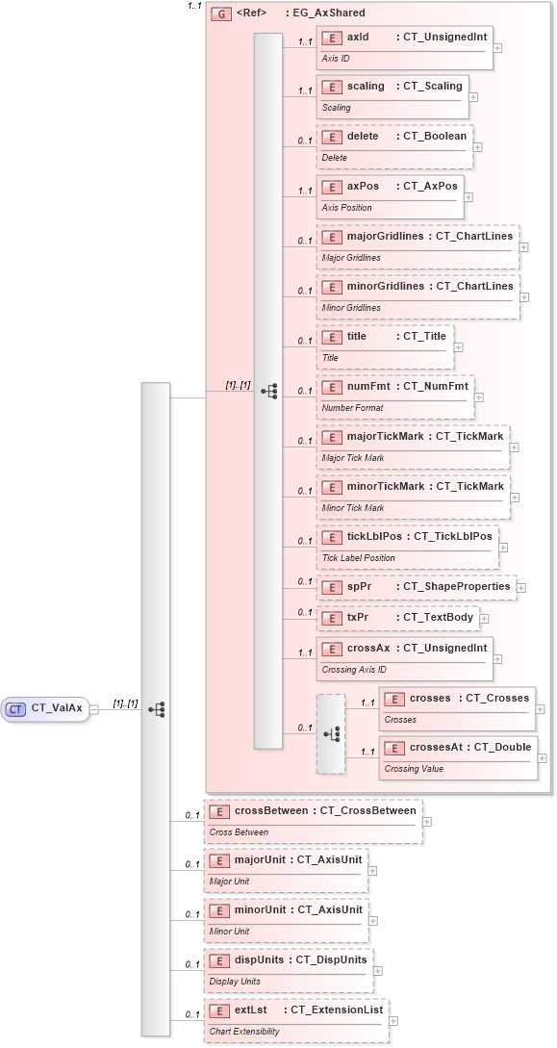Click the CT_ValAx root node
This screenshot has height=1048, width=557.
click(x=46, y=708)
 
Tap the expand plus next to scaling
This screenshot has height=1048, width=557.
click(x=473, y=97)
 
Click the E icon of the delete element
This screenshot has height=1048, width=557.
click(x=331, y=137)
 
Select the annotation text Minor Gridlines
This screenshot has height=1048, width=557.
click(x=351, y=308)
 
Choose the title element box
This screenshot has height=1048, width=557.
click(x=385, y=346)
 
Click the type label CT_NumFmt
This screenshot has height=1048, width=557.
click(x=435, y=387)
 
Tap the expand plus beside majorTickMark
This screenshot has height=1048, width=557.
click(x=514, y=447)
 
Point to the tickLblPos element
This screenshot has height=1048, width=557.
click(x=408, y=547)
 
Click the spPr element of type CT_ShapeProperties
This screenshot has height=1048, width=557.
click(x=416, y=586)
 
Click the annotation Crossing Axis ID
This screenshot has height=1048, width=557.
click(x=353, y=670)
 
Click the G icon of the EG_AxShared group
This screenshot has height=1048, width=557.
click(x=220, y=13)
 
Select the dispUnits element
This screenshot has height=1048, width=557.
click(x=288, y=970)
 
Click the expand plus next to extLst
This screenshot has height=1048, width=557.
click(x=393, y=1021)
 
